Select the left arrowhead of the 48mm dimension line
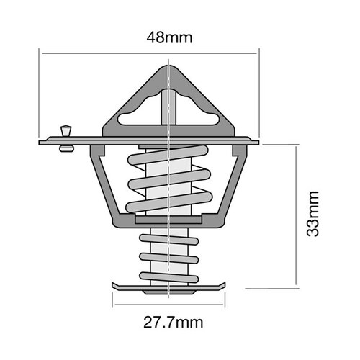click(x=42, y=52)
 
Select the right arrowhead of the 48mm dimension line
click(x=256, y=52)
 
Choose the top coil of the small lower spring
click(x=168, y=238)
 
